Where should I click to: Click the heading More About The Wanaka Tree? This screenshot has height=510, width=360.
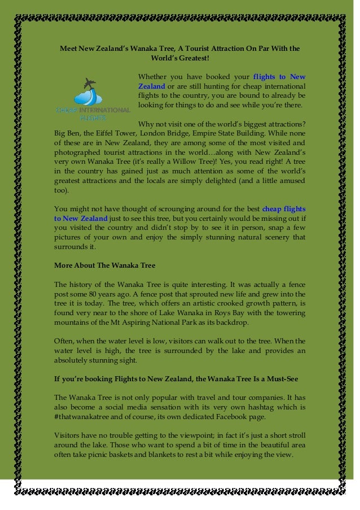[104, 265]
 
